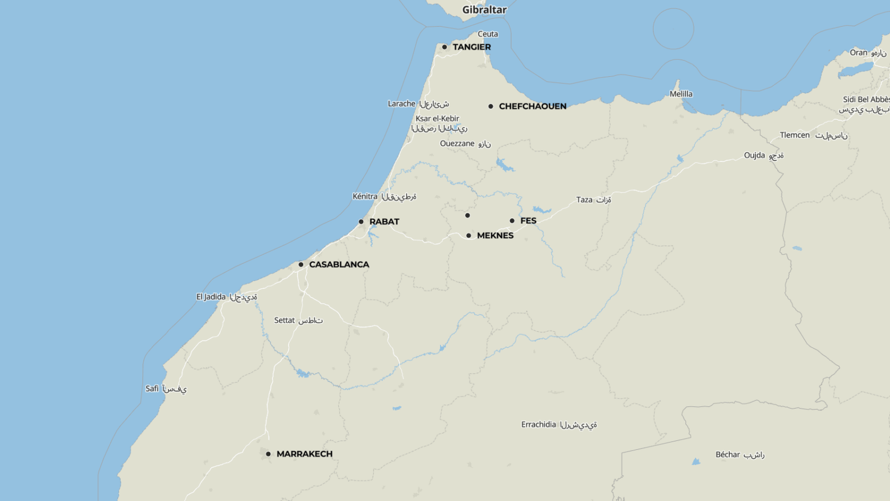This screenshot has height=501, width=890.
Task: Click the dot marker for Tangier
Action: pyautogui.click(x=444, y=47)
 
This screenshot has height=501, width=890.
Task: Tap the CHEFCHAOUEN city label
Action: pyautogui.click(x=532, y=106)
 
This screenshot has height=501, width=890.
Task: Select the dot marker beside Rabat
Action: pyautogui.click(x=361, y=222)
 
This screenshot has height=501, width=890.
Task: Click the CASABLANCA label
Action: pyautogui.click(x=339, y=264)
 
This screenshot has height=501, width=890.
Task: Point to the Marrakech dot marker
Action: pyautogui.click(x=268, y=454)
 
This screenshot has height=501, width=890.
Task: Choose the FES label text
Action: pyautogui.click(x=528, y=221)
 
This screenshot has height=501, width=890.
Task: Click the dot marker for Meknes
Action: pyautogui.click(x=469, y=235)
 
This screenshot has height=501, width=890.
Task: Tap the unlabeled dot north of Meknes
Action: pyautogui.click(x=467, y=215)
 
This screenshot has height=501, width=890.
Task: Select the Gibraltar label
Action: pyautogui.click(x=484, y=10)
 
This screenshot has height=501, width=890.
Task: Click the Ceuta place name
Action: pyautogui.click(x=488, y=34)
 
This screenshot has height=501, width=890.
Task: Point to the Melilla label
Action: pyautogui.click(x=681, y=94)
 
